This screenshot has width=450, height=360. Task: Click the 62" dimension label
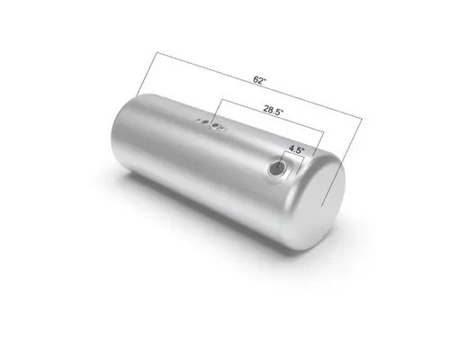click(259, 80)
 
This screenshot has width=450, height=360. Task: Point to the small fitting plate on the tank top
click(212, 125)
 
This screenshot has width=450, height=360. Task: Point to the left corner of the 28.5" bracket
click(216, 100)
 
